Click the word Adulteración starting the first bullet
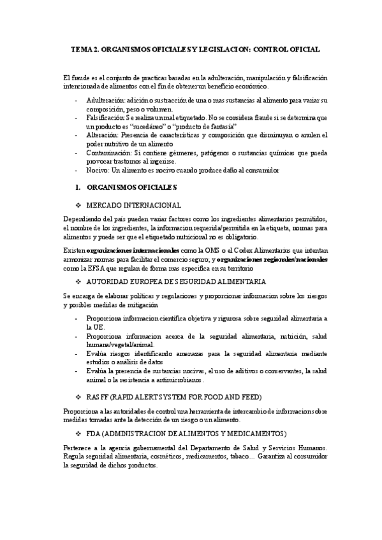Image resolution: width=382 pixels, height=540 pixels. click(105, 101)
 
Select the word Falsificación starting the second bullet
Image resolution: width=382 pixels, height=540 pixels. click(106, 118)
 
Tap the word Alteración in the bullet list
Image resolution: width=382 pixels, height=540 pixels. click(103, 135)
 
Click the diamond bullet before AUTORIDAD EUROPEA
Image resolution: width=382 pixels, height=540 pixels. click(78, 281)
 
